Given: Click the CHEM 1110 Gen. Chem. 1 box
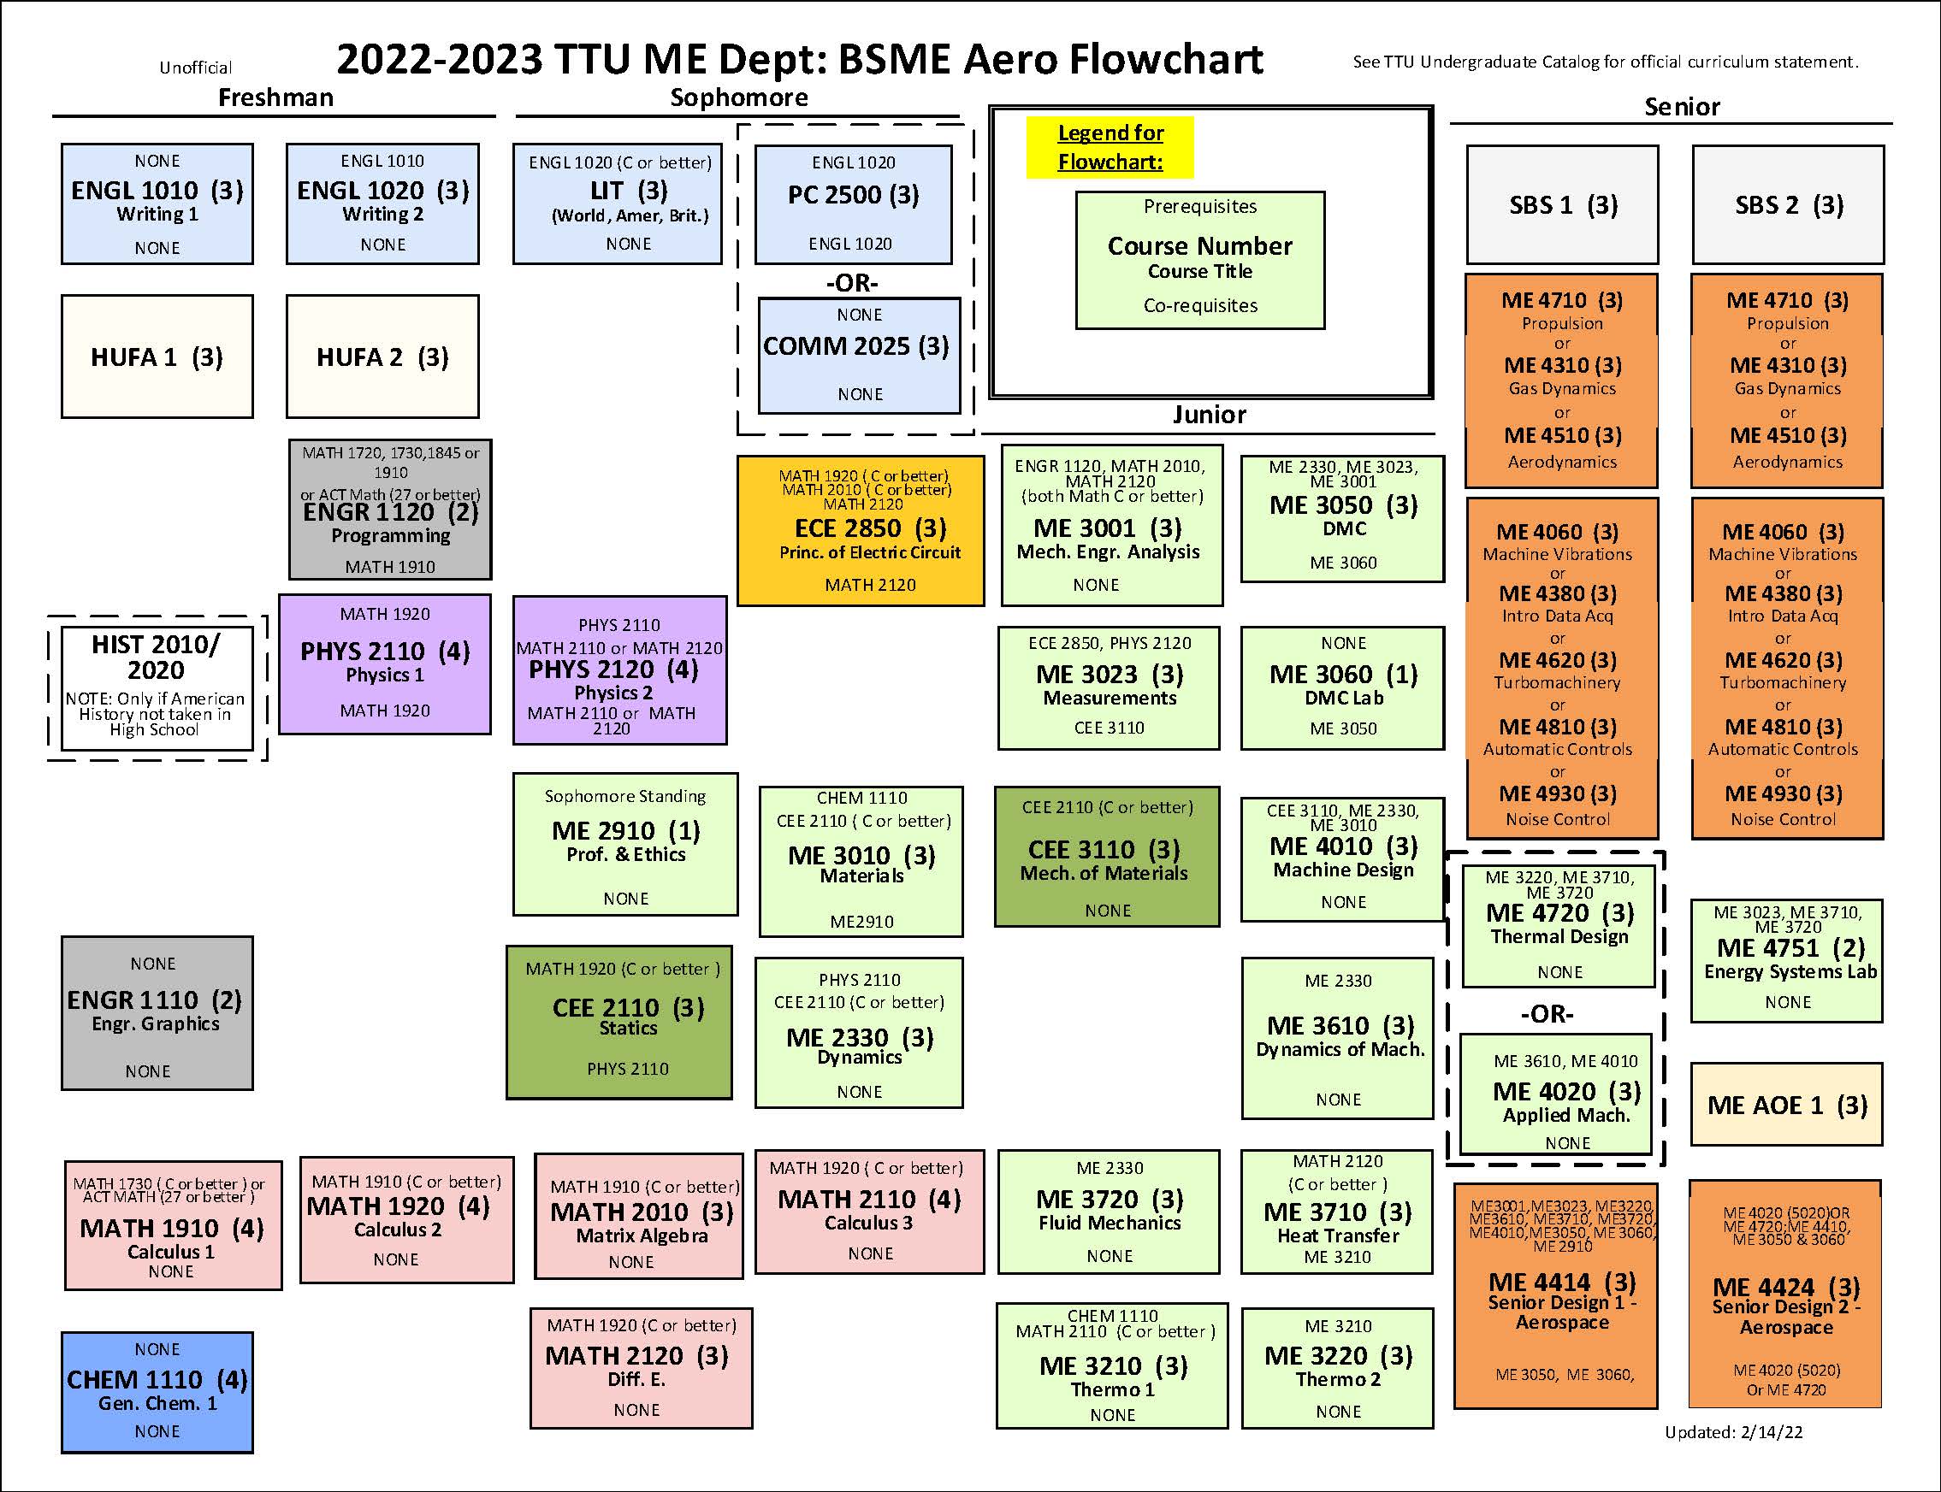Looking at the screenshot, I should click(x=157, y=1391).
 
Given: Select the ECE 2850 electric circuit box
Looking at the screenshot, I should click(x=860, y=530).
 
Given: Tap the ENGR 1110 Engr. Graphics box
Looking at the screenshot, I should click(x=157, y=1012).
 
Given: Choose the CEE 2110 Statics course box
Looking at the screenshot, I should click(x=619, y=1021).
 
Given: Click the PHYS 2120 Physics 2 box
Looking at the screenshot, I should click(x=619, y=669).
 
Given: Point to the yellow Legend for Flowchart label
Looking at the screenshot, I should click(x=1110, y=147).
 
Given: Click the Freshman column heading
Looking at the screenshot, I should click(x=275, y=97).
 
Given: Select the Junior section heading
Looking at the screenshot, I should click(x=1208, y=415).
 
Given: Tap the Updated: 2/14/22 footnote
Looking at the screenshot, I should click(x=1733, y=1431).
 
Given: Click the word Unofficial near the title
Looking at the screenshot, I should click(x=195, y=68).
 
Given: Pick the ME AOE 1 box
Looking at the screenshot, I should click(x=1786, y=1105).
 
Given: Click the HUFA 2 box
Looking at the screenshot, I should click(x=382, y=357).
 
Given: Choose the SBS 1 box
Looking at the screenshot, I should click(x=1562, y=205).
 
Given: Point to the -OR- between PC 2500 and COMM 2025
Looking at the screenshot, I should click(x=852, y=282).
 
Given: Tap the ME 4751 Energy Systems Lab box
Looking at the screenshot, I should click(x=1786, y=960).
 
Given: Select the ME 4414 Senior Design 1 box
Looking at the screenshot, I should click(x=1555, y=1295).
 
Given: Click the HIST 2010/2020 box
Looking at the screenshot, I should click(x=157, y=687).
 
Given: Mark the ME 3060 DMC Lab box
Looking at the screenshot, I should click(x=1342, y=687).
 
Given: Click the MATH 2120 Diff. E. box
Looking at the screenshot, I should click(x=641, y=1368).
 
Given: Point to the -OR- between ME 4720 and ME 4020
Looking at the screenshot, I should click(x=1547, y=1013).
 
